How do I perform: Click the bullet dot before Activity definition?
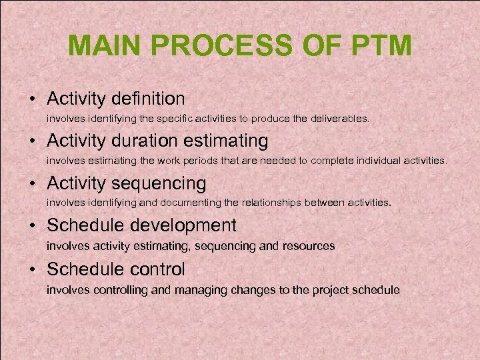point(32,100)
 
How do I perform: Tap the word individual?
point(374,161)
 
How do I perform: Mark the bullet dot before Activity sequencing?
point(32,184)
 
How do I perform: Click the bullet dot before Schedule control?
point(32,270)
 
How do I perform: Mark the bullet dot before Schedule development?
point(32,227)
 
